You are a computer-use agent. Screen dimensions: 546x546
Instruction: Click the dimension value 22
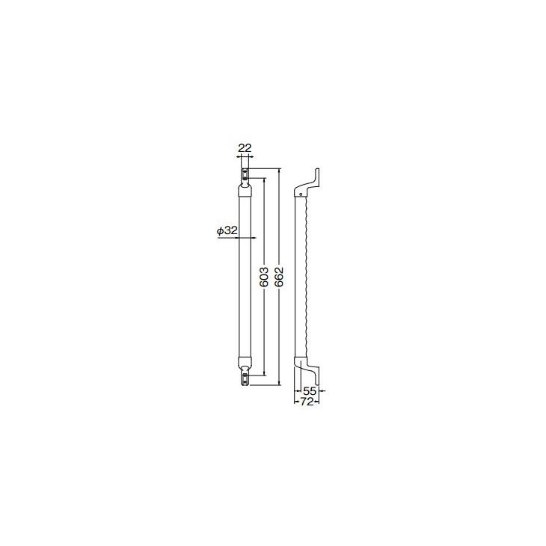244,148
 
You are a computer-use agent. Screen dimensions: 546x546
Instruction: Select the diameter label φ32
227,231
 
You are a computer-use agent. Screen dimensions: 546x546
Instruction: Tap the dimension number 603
263,278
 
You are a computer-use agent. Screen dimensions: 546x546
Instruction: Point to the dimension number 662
279,278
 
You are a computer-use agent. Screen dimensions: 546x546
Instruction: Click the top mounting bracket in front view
245,177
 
